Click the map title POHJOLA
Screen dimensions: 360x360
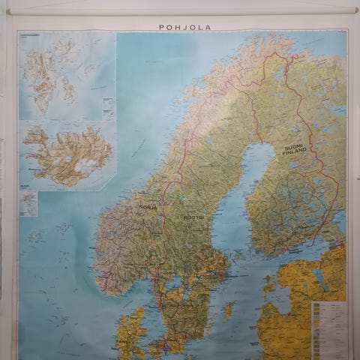coord(184,27)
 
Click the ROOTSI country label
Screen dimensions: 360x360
coord(193,217)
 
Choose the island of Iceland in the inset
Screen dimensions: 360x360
coord(66,154)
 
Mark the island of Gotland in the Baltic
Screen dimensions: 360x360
coord(229,309)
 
